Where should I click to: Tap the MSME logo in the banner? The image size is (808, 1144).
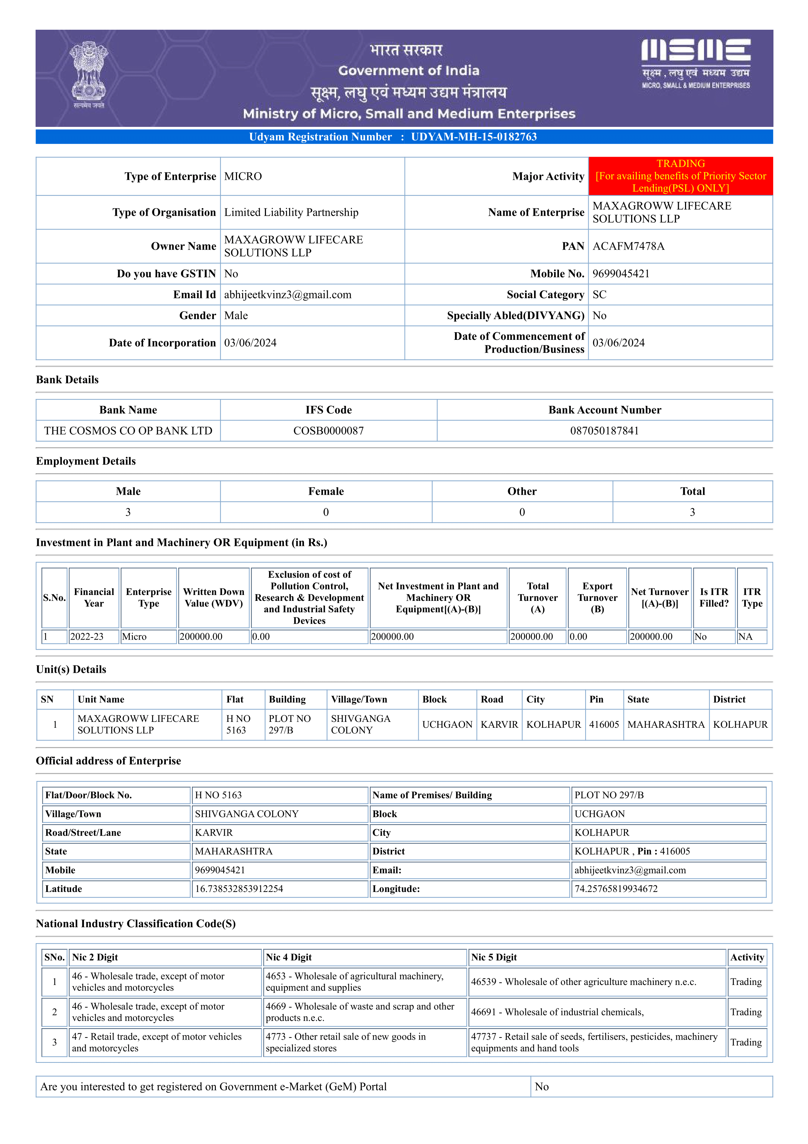point(695,64)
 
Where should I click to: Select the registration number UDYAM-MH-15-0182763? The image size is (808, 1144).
point(474,137)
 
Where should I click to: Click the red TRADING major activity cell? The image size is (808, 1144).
point(680,176)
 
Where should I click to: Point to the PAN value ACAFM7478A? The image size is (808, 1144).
point(628,246)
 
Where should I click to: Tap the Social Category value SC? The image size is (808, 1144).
point(599,295)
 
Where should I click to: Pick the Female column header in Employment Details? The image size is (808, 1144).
point(326,491)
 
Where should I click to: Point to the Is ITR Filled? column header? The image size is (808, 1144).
point(713,597)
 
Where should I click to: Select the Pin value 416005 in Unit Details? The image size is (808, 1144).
point(604,725)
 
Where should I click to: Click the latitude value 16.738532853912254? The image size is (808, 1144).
point(239,889)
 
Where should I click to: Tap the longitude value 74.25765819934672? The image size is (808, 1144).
point(616,889)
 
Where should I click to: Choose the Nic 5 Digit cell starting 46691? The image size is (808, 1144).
point(557,1012)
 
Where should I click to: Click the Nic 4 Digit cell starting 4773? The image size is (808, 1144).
point(345,1042)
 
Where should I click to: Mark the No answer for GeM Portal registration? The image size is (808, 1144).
point(542,1087)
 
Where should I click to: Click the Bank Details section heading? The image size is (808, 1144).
point(67,380)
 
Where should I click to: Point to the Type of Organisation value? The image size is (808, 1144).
point(291,212)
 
